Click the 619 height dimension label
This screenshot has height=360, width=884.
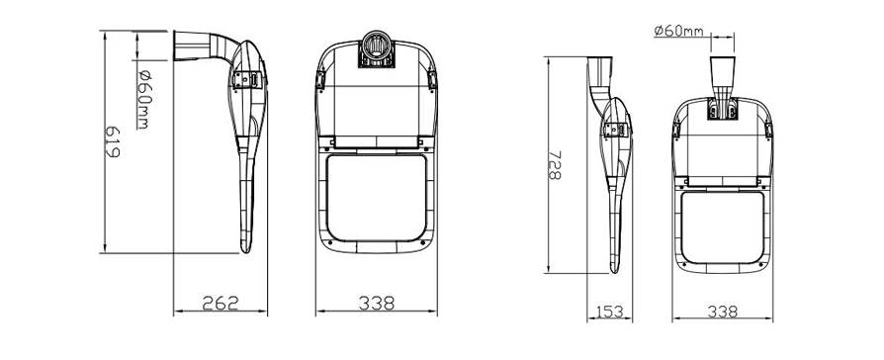coord(112,141)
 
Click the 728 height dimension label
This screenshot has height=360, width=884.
coord(555,165)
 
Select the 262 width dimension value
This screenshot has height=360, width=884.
coord(221,303)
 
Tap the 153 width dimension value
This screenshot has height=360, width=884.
coord(609,312)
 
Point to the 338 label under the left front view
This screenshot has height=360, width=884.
coord(376,303)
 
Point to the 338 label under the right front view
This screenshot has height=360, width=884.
coord(722,312)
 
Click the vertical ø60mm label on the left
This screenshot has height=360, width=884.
coord(143,99)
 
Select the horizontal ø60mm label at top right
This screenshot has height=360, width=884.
coord(678,30)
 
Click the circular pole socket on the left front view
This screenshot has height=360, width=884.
coord(376,46)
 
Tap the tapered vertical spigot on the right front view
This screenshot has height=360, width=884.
coord(722,79)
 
